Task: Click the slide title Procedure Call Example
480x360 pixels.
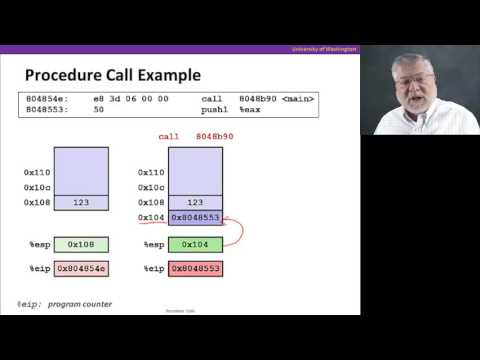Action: (x=112, y=75)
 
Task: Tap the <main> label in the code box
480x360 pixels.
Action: (x=298, y=99)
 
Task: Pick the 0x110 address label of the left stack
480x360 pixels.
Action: (x=37, y=172)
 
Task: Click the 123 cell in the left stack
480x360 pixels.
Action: (x=81, y=202)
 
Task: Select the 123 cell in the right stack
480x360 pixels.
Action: (x=195, y=202)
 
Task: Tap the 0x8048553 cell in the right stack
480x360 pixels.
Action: (x=195, y=217)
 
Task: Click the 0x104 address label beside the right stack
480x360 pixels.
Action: (x=151, y=217)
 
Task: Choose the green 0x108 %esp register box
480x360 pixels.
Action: (x=81, y=243)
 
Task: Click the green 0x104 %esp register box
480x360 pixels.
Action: (x=195, y=243)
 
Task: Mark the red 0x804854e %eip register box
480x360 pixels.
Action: (x=81, y=269)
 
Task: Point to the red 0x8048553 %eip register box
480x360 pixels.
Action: (x=195, y=269)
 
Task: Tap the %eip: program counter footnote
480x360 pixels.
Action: (x=64, y=304)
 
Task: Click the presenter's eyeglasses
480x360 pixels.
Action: (x=412, y=77)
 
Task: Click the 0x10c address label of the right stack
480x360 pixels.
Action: (x=151, y=187)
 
